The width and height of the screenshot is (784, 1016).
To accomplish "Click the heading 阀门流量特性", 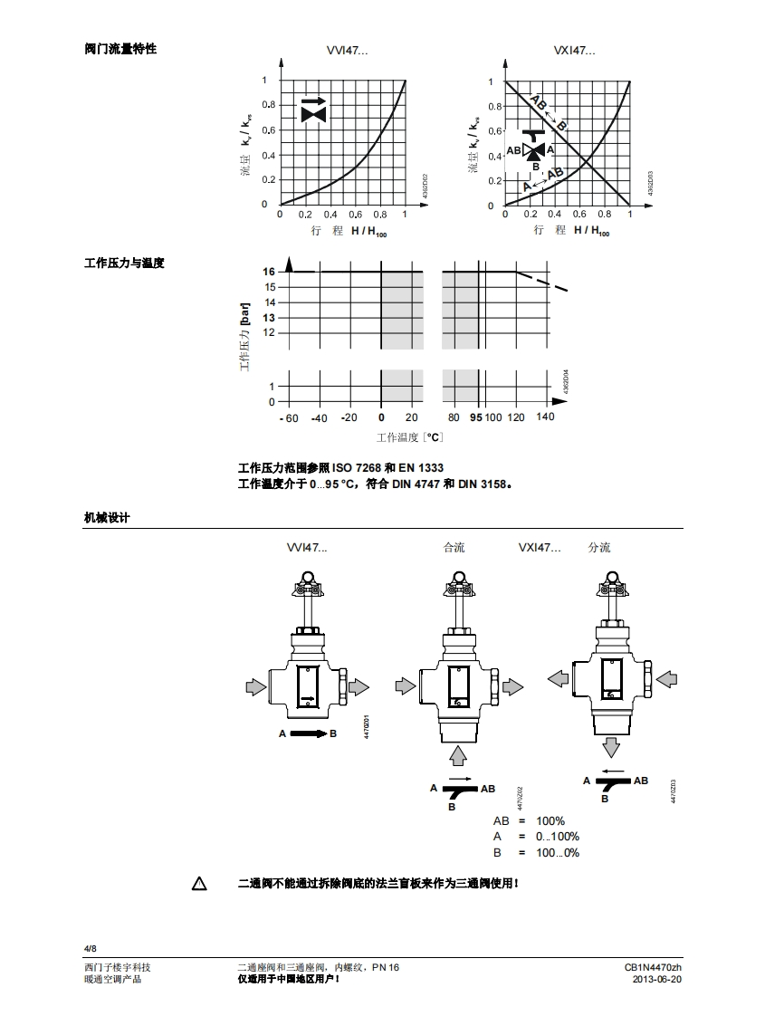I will pyautogui.click(x=120, y=49).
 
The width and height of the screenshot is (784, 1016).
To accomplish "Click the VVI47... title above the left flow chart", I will pyautogui.click(x=347, y=51).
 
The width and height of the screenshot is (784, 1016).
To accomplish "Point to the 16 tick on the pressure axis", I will pyautogui.click(x=269, y=272).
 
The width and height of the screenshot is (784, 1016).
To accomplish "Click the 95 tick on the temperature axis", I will pyautogui.click(x=476, y=417).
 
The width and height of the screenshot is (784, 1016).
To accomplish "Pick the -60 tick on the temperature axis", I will pyautogui.click(x=288, y=417).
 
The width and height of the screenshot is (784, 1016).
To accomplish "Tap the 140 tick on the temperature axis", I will pyautogui.click(x=545, y=417).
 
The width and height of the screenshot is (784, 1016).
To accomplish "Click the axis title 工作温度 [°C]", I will pyautogui.click(x=409, y=437).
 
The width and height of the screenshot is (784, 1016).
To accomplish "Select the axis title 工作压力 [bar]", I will pyautogui.click(x=244, y=336).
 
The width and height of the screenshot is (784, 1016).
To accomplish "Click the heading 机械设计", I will pyautogui.click(x=107, y=517).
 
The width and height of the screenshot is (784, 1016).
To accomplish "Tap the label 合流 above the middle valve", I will pyautogui.click(x=454, y=548).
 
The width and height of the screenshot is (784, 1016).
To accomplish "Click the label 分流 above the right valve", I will pyautogui.click(x=599, y=548).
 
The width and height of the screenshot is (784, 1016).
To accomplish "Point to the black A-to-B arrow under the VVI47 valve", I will pyautogui.click(x=308, y=733).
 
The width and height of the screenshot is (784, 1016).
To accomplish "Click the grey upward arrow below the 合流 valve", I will pyautogui.click(x=459, y=753).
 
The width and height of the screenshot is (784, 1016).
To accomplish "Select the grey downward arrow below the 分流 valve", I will pyautogui.click(x=612, y=747).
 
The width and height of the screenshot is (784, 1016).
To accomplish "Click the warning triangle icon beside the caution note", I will pyautogui.click(x=199, y=883).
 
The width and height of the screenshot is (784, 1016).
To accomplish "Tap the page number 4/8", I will pyautogui.click(x=90, y=948).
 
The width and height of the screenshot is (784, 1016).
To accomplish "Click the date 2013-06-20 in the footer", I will pyautogui.click(x=656, y=980).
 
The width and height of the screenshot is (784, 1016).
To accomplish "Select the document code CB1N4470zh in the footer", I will pyautogui.click(x=653, y=967).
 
